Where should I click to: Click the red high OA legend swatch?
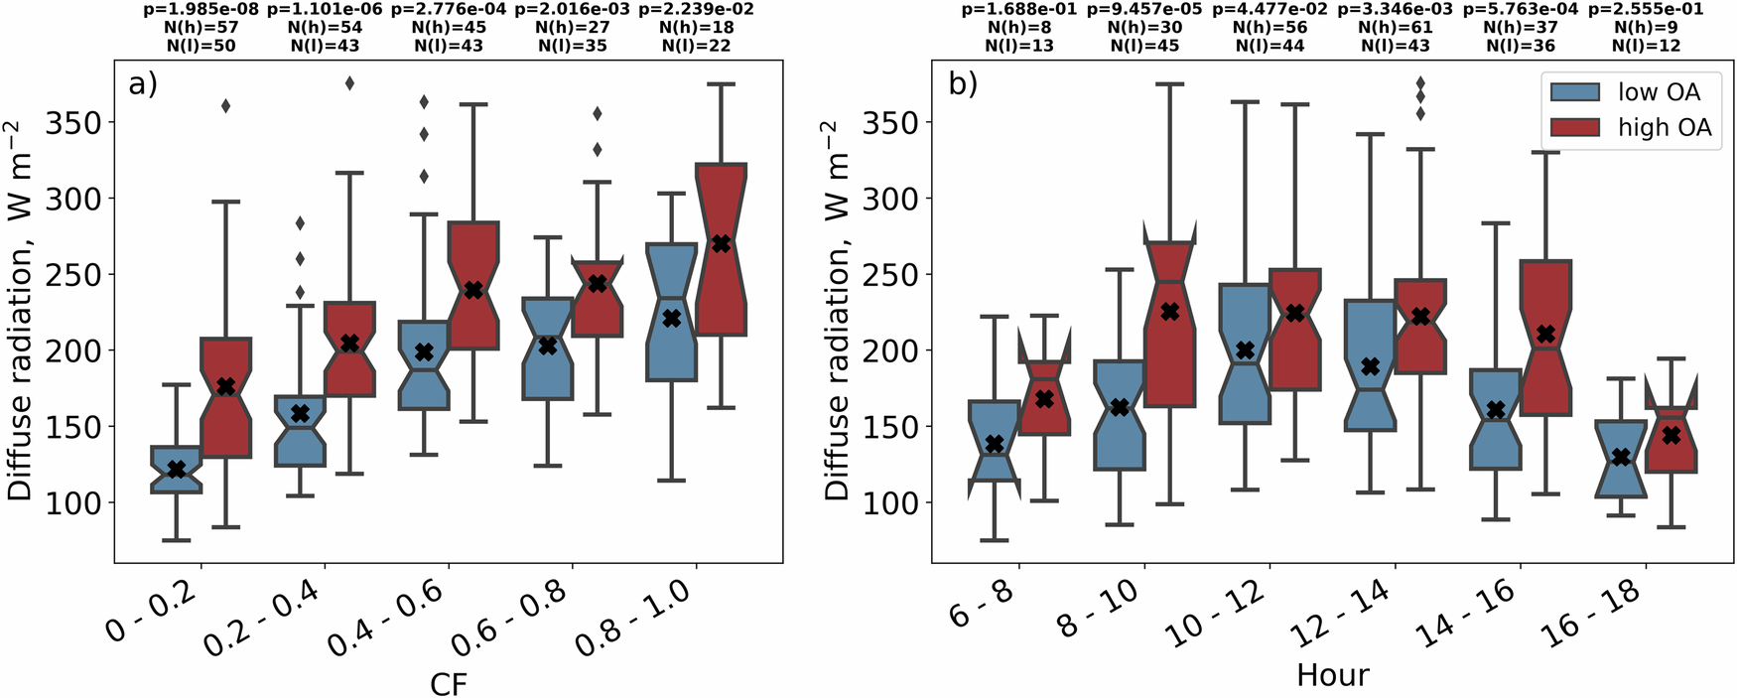pos(1575,127)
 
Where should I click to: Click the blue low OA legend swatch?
pos(1575,92)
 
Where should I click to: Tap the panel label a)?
pos(143,84)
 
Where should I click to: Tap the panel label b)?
pos(963,84)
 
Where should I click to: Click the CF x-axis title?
pos(448,683)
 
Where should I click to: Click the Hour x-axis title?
pos(1332,675)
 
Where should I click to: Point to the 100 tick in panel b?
pos(890,502)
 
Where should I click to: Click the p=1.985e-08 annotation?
pos(201,9)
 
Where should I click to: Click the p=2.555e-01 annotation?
pos(1646,9)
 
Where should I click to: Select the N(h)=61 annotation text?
pos(1395,28)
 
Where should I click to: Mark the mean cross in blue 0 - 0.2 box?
pos(177,469)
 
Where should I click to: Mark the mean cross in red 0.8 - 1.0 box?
pos(721,243)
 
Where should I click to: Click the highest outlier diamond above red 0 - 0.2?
pos(225,106)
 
